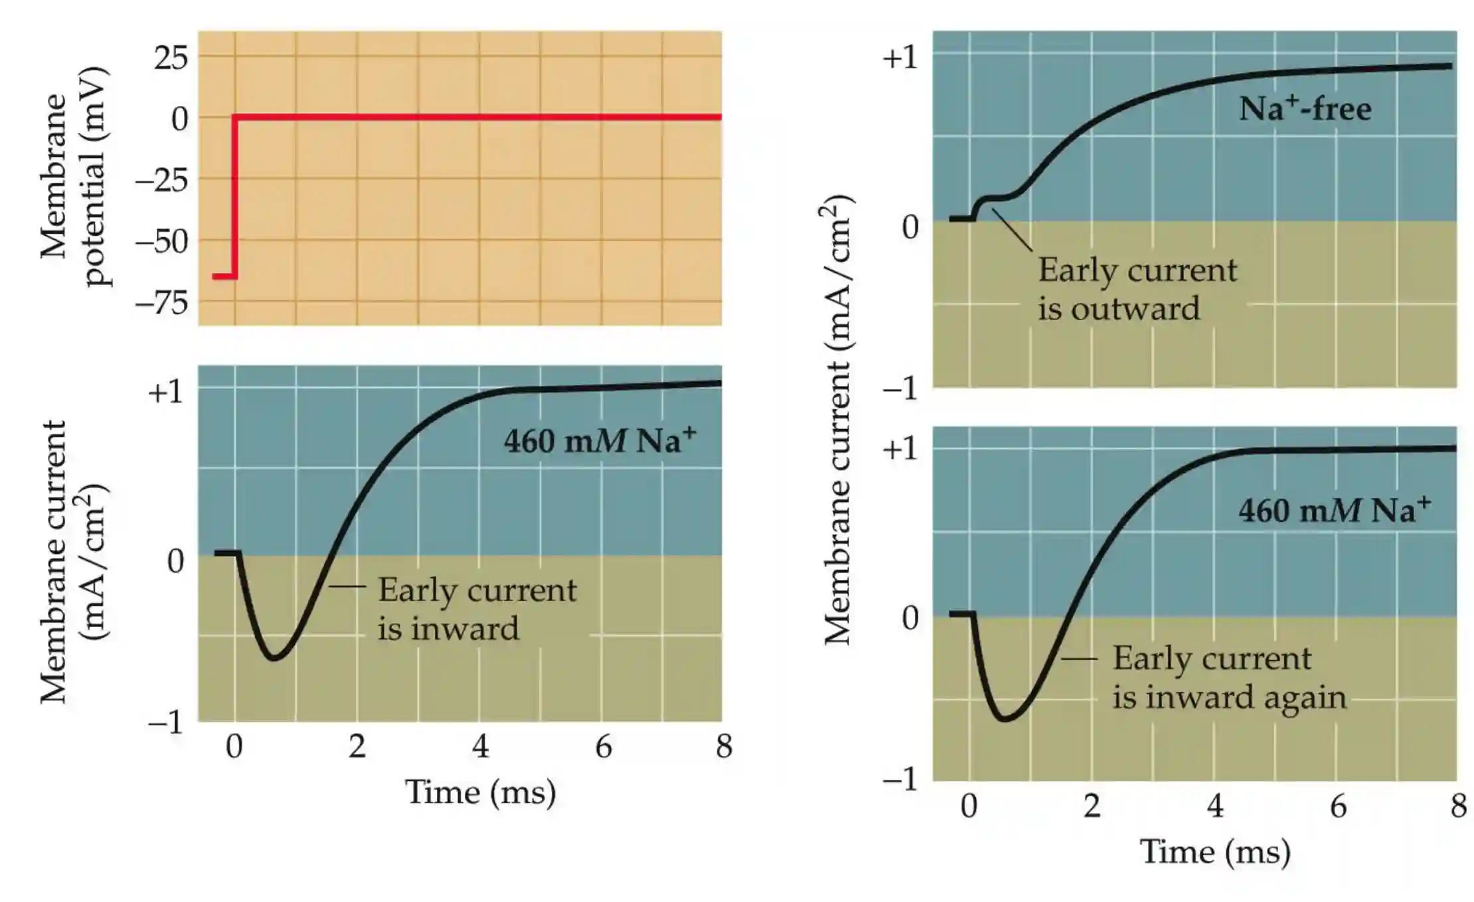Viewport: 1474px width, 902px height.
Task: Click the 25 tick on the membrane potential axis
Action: pos(171,58)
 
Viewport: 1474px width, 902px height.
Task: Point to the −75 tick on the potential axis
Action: pos(162,304)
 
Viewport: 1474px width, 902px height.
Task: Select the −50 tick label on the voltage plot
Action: pos(162,242)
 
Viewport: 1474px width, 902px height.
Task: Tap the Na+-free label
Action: pos(1305,109)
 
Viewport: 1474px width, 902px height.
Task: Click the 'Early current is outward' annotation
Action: pos(1137,290)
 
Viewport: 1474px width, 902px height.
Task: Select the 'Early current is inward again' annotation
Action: pos(1228,677)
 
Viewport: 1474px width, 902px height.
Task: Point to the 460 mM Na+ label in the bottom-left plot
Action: pos(600,440)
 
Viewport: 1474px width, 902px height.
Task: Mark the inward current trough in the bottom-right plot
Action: pos(1007,719)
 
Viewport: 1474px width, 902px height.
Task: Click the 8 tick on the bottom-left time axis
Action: pos(724,747)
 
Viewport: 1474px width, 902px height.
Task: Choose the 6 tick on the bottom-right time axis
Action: pos(1338,806)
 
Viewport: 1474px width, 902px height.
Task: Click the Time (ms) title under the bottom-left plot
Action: pos(480,792)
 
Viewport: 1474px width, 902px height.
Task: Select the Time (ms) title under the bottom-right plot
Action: pos(1215,852)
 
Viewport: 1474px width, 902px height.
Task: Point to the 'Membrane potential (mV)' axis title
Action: pos(73,177)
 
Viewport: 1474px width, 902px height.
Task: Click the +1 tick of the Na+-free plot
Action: pos(900,58)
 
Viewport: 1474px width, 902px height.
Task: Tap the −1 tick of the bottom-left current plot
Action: pos(165,722)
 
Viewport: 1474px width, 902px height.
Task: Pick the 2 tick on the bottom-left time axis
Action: pos(357,747)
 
